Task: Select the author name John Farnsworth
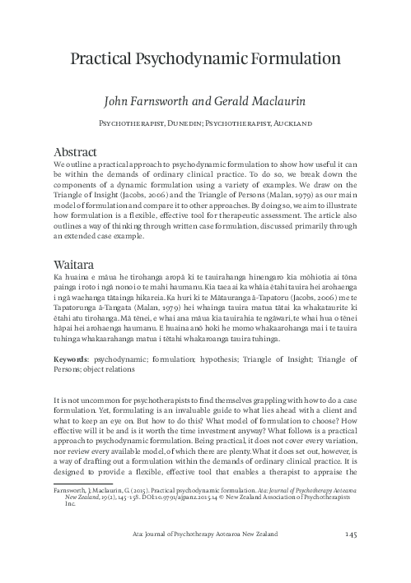click(x=156, y=101)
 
